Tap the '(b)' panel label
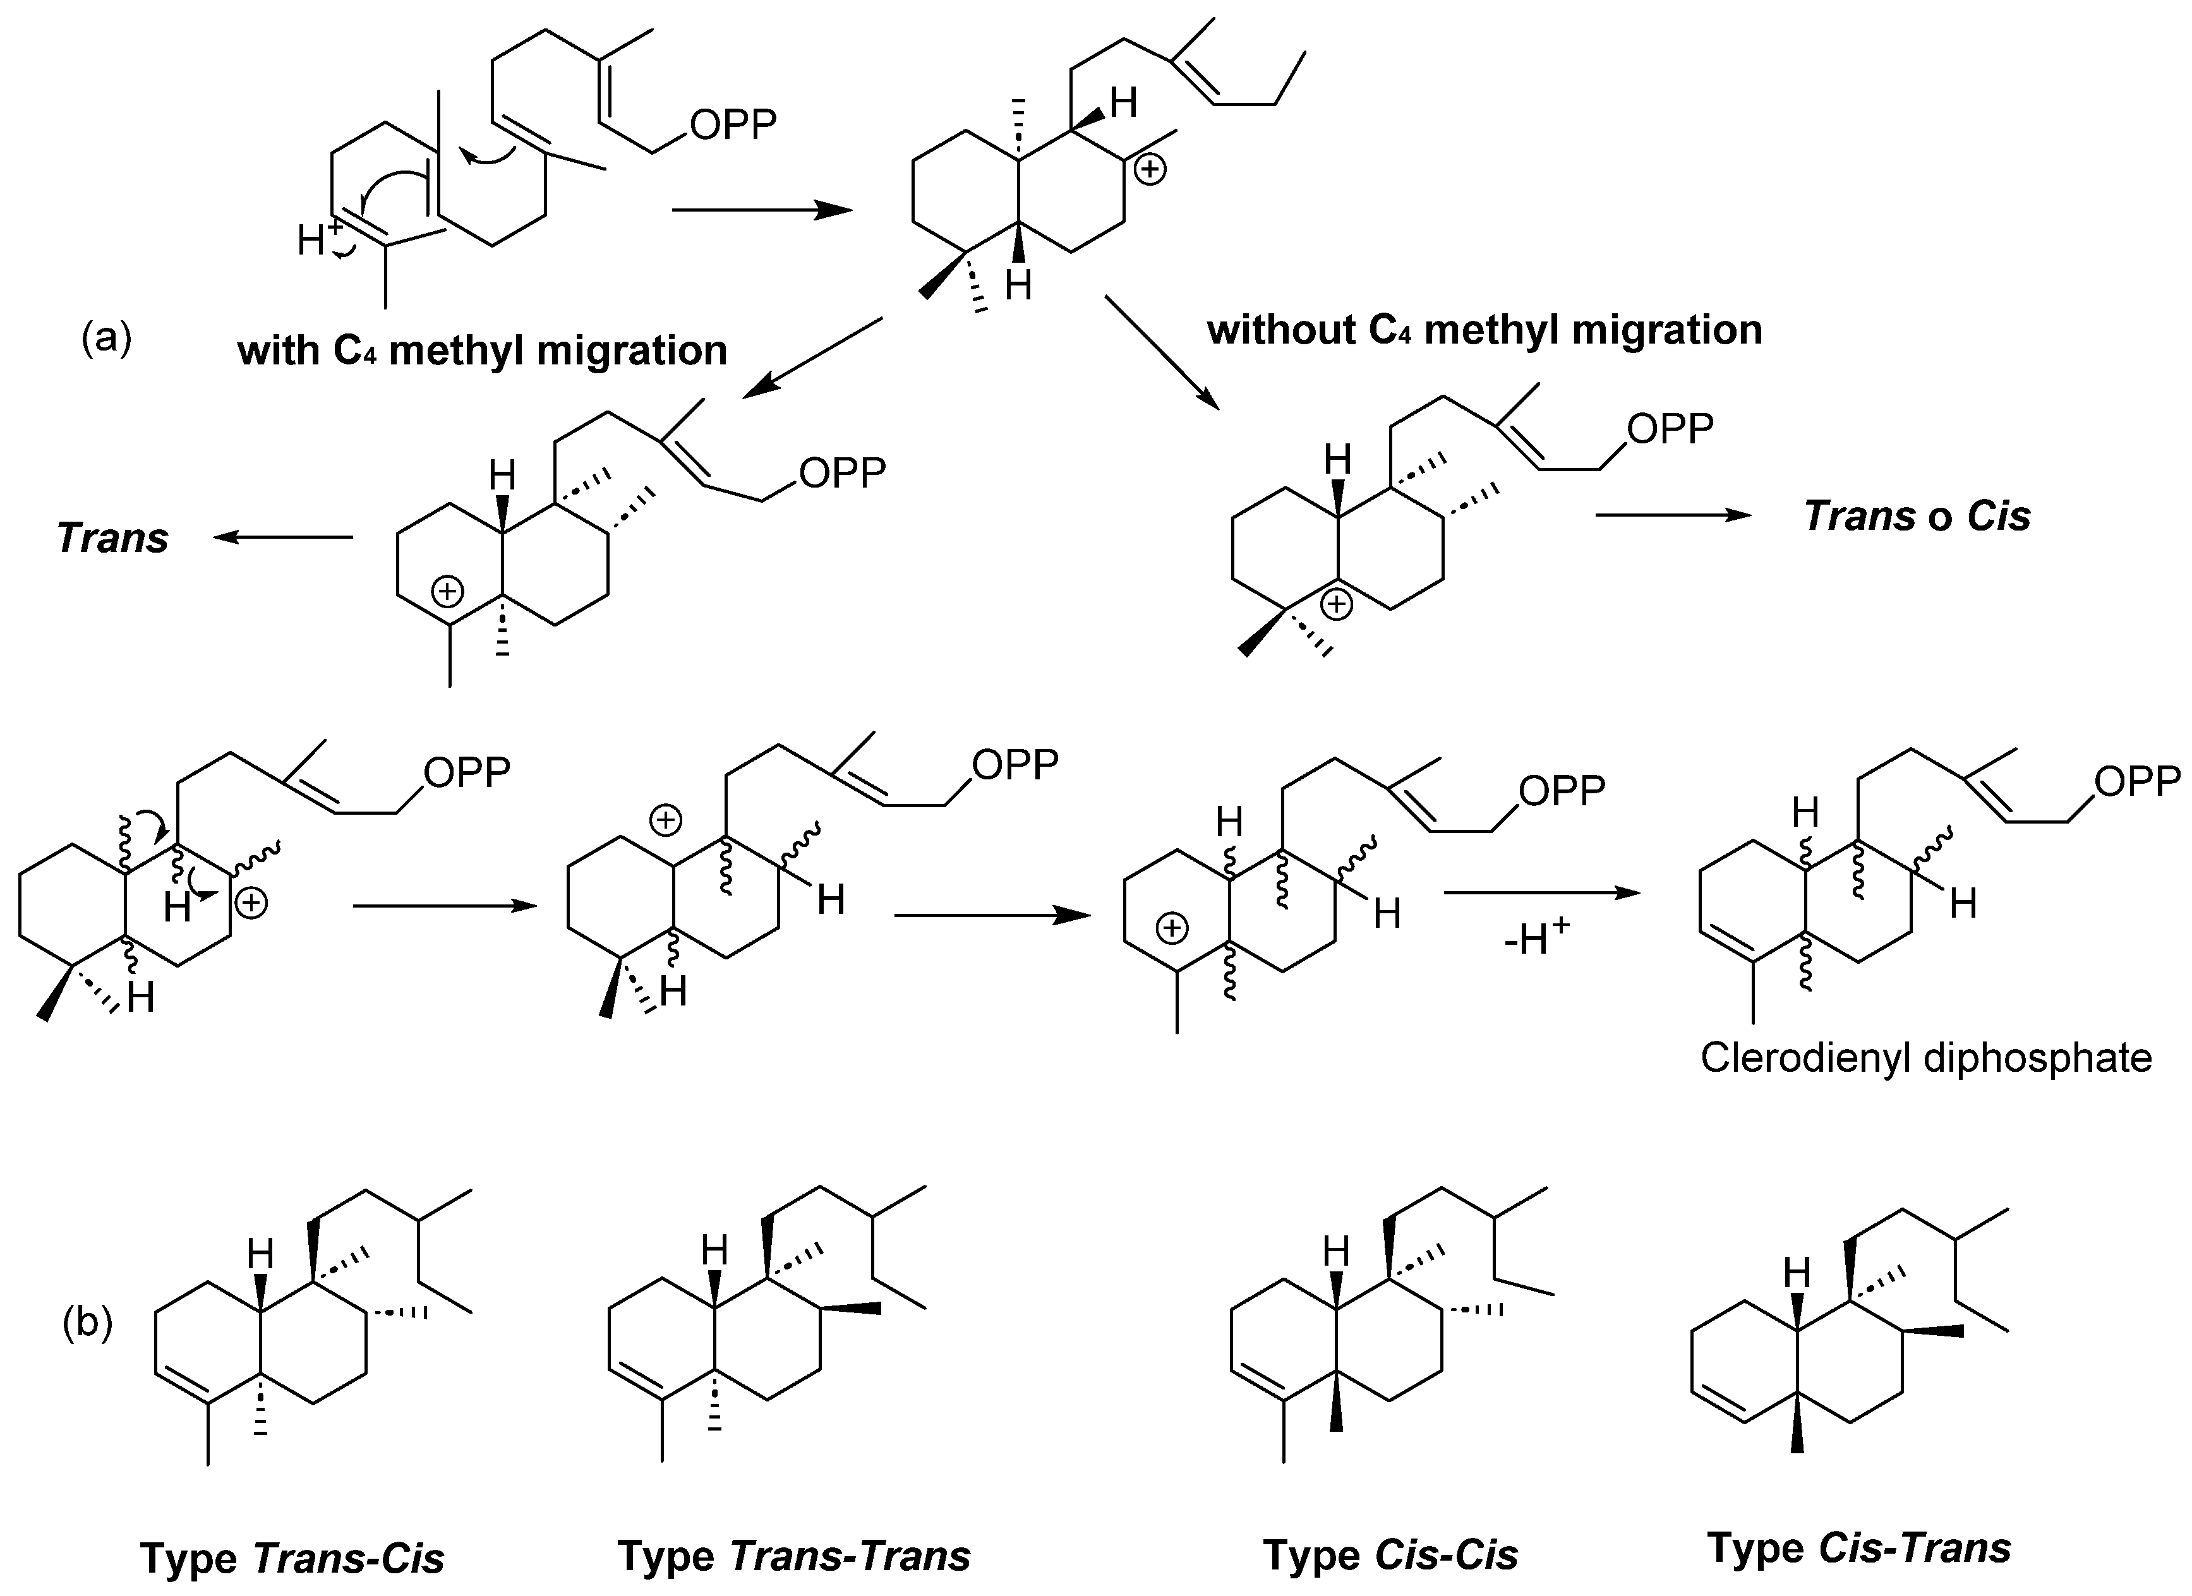(x=87, y=1323)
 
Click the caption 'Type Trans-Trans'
(x=793, y=1556)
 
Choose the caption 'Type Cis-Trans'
(x=1858, y=1548)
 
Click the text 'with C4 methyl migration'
(x=481, y=350)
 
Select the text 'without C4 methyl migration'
(x=1484, y=330)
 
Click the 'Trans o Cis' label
(x=1917, y=516)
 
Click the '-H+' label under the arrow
(x=1537, y=937)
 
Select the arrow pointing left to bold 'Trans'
(x=282, y=537)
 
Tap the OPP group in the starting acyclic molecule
(x=733, y=124)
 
